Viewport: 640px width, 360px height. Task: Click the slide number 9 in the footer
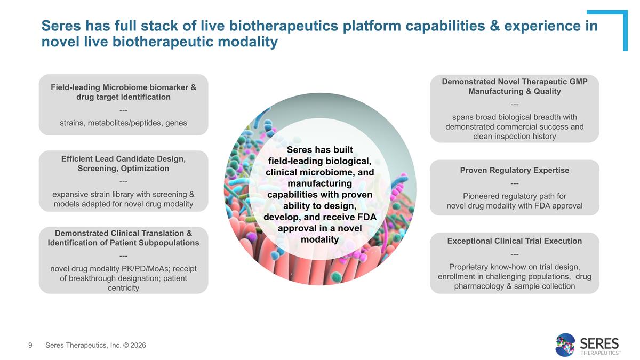point(30,346)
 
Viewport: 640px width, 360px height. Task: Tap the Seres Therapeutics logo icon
point(565,345)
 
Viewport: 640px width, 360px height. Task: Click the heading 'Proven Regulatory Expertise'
point(514,170)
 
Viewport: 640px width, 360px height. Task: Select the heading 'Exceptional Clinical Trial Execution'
point(514,241)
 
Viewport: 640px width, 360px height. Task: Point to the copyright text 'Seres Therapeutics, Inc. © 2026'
point(95,346)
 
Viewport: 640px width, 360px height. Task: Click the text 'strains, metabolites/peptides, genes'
point(123,123)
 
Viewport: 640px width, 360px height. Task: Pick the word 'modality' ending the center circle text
point(320,239)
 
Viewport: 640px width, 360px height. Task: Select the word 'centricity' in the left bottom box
point(123,288)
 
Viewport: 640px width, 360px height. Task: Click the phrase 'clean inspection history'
point(514,137)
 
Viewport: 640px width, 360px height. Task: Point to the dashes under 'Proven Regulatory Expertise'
point(514,183)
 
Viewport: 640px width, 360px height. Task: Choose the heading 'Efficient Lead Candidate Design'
point(123,159)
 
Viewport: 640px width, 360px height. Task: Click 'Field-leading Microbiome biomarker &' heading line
point(123,87)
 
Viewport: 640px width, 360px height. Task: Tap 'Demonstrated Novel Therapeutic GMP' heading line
point(514,81)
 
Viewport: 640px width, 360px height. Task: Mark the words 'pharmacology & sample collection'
point(514,286)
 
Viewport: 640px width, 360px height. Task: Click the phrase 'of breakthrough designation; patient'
point(123,278)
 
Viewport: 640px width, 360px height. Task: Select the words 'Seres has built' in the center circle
point(320,150)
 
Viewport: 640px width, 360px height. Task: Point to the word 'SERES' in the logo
point(599,342)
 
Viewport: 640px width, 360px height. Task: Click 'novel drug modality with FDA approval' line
point(514,206)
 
